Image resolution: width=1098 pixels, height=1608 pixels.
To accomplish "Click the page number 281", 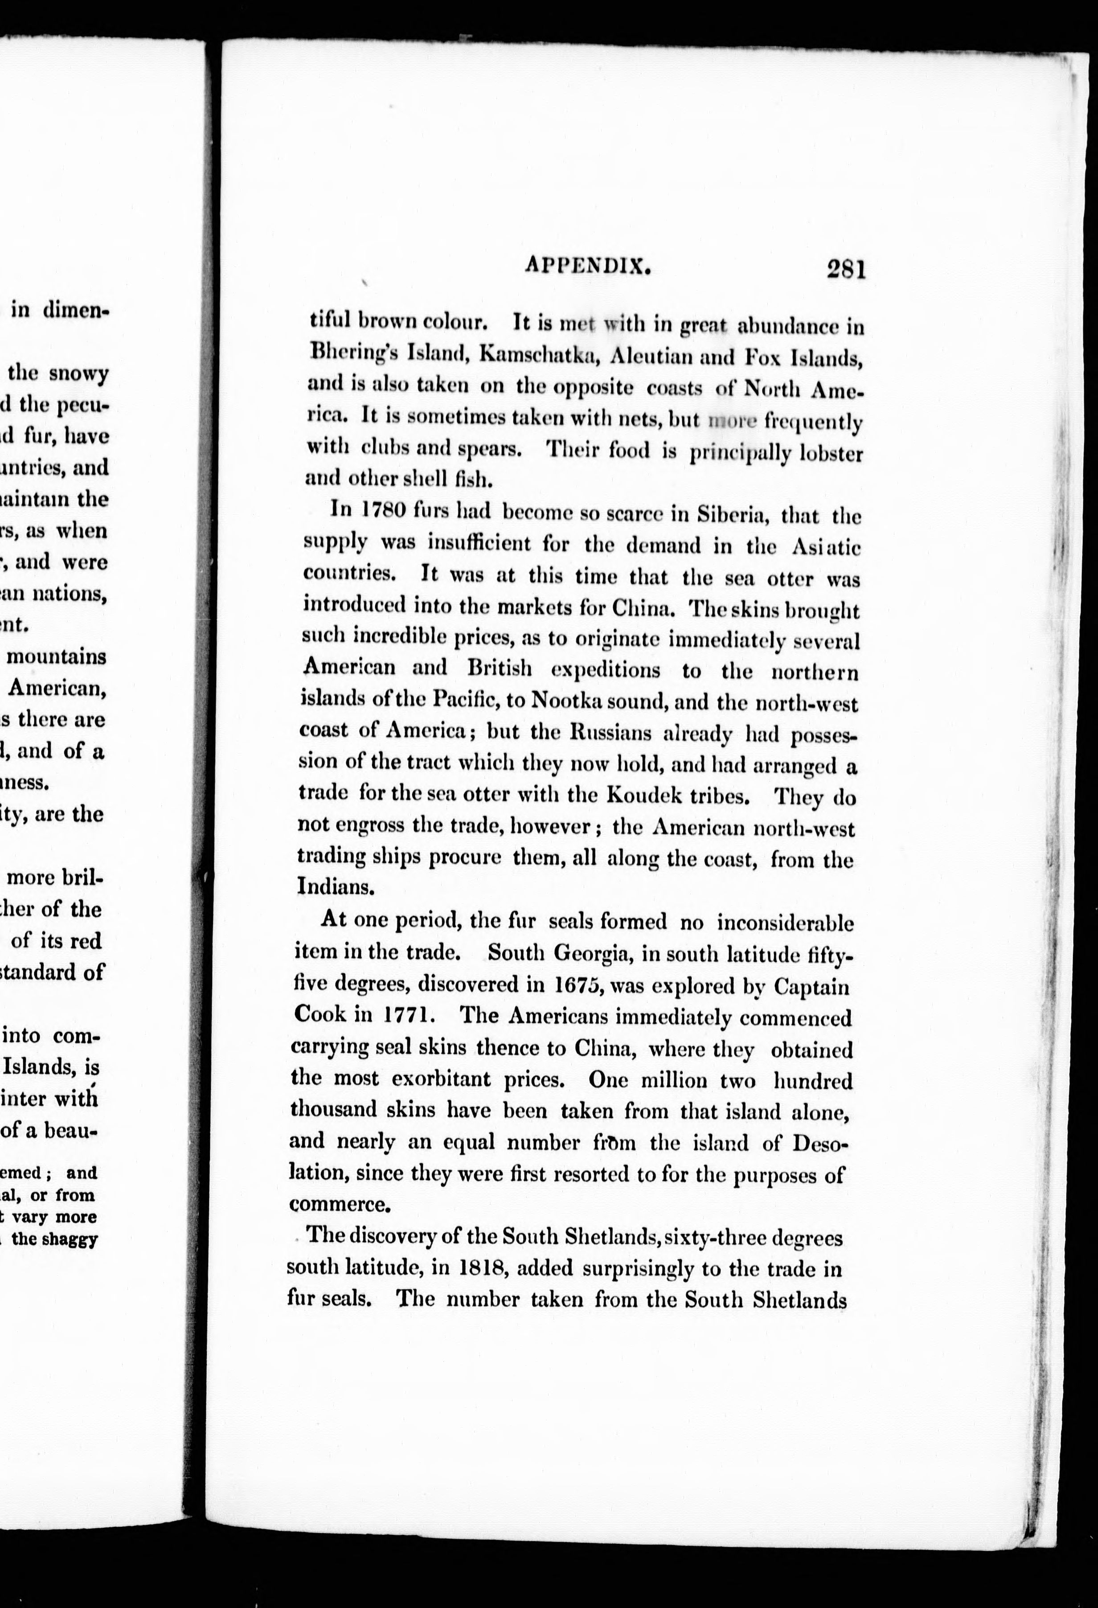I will tap(845, 268).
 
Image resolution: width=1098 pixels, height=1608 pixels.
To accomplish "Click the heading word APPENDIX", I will tap(589, 265).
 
